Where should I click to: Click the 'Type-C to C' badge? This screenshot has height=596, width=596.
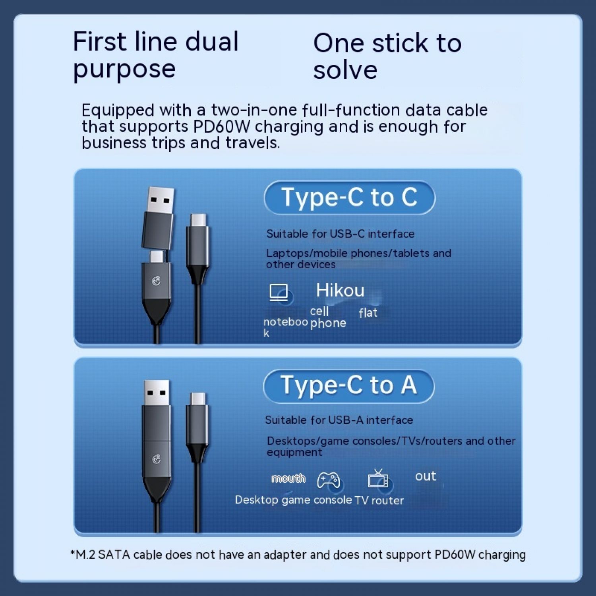click(x=349, y=197)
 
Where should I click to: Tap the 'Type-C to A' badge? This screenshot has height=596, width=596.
click(x=348, y=386)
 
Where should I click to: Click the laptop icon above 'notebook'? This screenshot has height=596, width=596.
click(x=279, y=293)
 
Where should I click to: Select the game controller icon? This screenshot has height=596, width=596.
click(x=328, y=480)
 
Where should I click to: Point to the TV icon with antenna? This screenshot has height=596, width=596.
click(x=378, y=478)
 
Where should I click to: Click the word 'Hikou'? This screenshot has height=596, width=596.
click(x=340, y=290)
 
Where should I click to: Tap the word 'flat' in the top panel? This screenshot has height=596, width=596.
click(x=368, y=313)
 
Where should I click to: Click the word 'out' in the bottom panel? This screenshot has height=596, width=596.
click(x=426, y=476)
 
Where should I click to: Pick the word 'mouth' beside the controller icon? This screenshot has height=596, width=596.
click(x=288, y=478)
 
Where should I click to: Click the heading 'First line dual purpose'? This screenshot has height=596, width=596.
click(x=156, y=56)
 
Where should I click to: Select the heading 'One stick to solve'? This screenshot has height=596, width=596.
click(x=387, y=56)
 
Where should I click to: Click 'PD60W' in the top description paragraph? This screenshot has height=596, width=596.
click(x=222, y=126)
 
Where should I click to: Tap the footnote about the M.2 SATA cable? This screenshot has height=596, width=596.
click(x=298, y=555)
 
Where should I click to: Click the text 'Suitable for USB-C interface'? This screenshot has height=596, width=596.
click(x=341, y=234)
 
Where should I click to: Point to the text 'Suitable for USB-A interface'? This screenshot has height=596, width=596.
click(x=339, y=420)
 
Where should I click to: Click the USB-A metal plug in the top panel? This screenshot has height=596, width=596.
click(x=160, y=201)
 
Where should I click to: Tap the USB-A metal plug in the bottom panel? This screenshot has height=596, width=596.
click(x=157, y=393)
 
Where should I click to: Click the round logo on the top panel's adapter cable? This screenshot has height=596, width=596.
click(x=157, y=281)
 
